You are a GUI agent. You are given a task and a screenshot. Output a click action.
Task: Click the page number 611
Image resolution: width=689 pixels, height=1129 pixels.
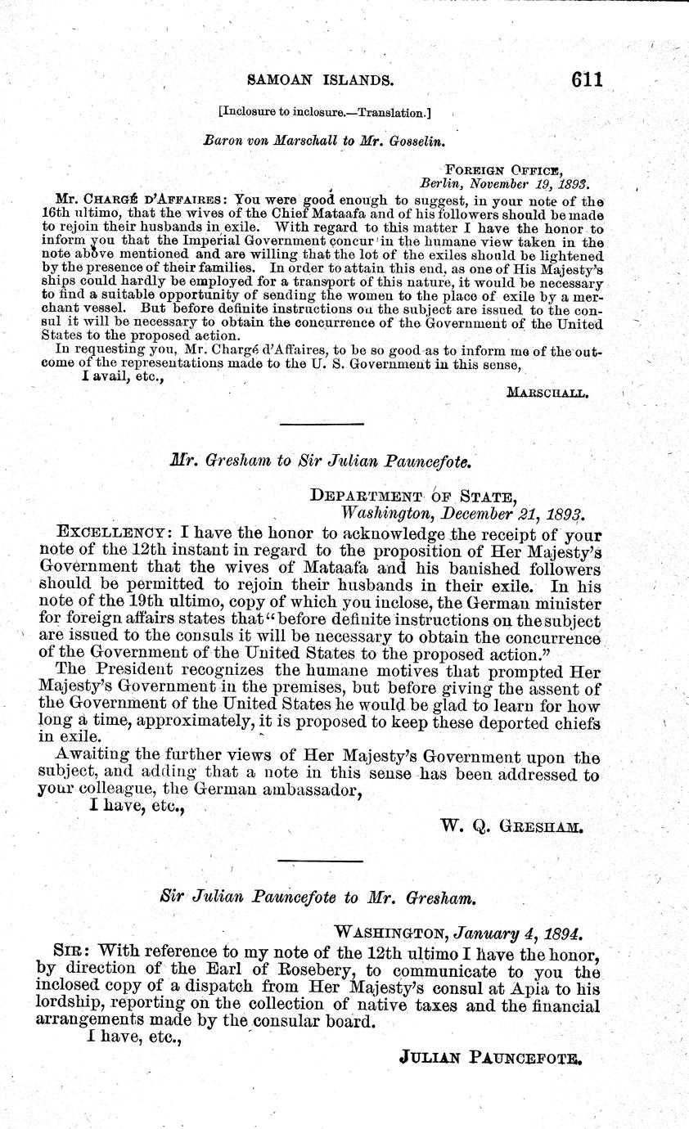point(576,79)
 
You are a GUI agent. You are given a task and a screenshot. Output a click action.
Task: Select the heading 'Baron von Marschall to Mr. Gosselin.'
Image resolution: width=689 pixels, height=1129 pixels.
point(323,141)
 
